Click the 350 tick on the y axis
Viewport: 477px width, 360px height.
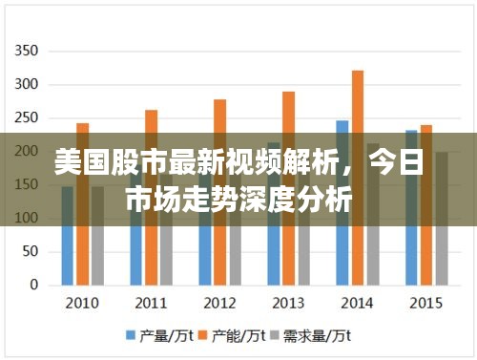tap(28, 51)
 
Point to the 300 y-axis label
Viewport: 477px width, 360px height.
tap(28, 84)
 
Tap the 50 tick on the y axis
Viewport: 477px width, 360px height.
tap(31, 251)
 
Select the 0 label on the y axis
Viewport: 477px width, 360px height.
tap(34, 285)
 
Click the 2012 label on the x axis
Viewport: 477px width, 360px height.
tap(219, 303)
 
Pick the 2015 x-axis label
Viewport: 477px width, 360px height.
tap(425, 303)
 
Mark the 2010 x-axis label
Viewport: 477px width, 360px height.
tap(82, 303)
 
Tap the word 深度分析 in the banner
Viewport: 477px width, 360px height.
tap(311, 200)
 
